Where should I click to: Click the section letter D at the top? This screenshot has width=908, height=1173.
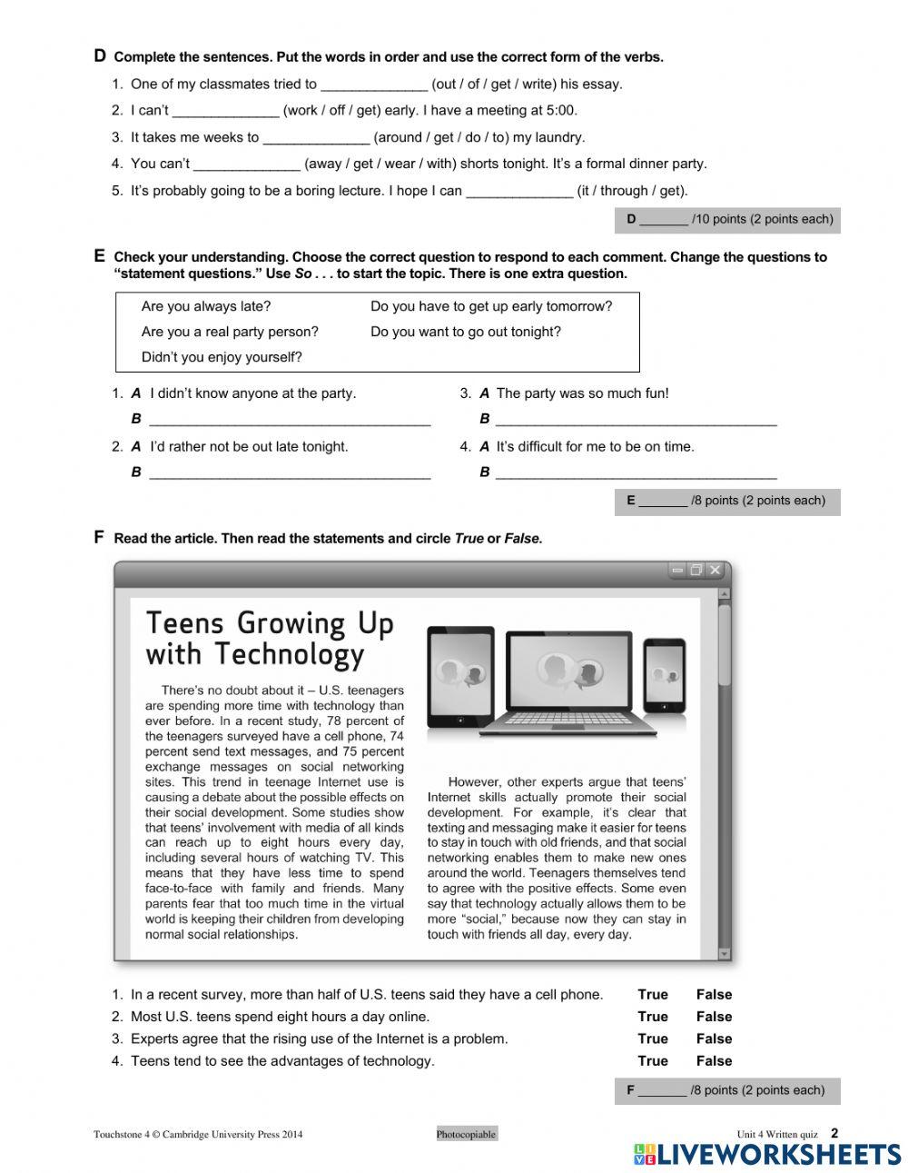100,55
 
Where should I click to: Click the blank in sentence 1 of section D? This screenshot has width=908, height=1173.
374,85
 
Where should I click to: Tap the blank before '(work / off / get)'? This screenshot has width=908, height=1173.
225,112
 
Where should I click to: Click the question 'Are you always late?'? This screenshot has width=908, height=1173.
206,306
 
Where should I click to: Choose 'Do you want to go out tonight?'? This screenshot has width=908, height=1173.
466,332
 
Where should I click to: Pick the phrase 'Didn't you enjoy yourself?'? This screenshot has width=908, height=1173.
222,357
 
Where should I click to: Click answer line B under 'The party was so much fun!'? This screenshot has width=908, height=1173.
637,420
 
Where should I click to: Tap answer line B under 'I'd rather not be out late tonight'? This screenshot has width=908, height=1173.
290,472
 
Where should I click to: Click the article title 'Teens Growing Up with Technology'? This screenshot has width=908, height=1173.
270,638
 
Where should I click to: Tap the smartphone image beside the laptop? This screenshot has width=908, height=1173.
665,676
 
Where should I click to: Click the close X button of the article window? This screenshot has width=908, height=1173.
716,571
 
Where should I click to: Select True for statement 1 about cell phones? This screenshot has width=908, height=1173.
652,995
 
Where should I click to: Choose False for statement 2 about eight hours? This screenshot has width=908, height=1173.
714,1017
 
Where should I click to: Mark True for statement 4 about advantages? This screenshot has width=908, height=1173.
652,1061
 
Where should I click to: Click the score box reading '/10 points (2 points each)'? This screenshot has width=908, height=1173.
727,220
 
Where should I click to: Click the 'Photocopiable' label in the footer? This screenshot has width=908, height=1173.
467,1134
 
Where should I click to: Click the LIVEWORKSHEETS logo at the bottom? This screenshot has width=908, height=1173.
767,1154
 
